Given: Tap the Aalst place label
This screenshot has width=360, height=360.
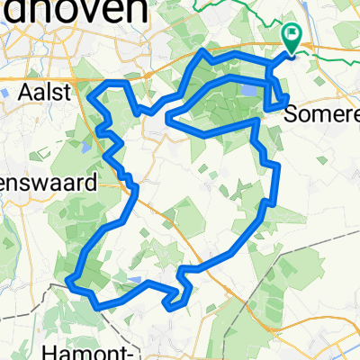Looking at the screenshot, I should (x=45, y=91).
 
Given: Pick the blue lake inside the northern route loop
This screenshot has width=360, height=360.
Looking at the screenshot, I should (x=246, y=90).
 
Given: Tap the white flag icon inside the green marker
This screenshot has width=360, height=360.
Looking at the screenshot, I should (x=292, y=35).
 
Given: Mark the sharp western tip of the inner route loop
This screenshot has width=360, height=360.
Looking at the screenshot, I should (x=168, y=114).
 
